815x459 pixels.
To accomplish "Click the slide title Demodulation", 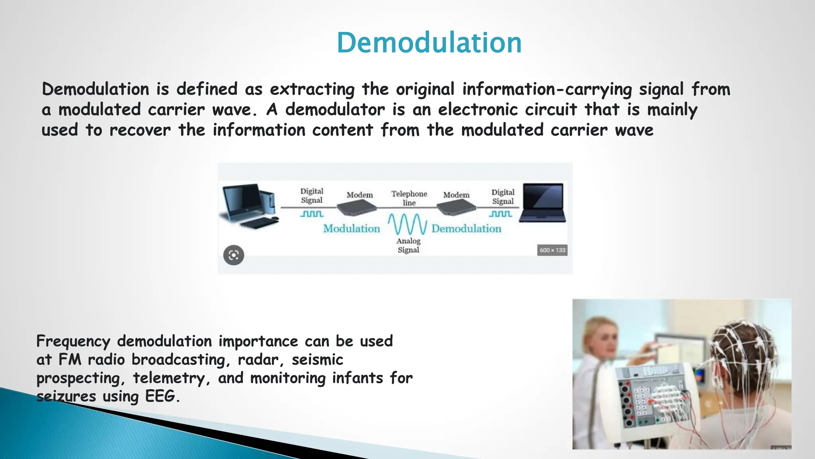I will [x=429, y=43].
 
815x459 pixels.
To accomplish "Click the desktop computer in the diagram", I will [x=249, y=205].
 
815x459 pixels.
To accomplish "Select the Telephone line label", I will [x=409, y=198].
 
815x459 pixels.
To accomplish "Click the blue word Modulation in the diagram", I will [x=351, y=229].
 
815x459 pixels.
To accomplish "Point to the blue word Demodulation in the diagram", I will [x=466, y=229].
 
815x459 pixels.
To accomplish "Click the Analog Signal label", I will [x=408, y=245].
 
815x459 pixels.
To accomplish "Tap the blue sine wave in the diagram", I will [x=407, y=224].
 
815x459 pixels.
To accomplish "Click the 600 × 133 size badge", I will [x=552, y=250].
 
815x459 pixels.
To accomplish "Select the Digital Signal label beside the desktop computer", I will [x=312, y=196].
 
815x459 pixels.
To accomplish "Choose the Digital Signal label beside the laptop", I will [x=503, y=197].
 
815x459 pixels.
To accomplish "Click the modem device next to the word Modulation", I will [x=356, y=207].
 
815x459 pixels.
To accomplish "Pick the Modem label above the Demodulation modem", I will [x=456, y=195].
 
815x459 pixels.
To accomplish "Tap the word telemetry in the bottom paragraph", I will [x=168, y=378].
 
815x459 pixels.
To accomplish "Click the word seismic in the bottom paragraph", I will [x=317, y=360].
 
